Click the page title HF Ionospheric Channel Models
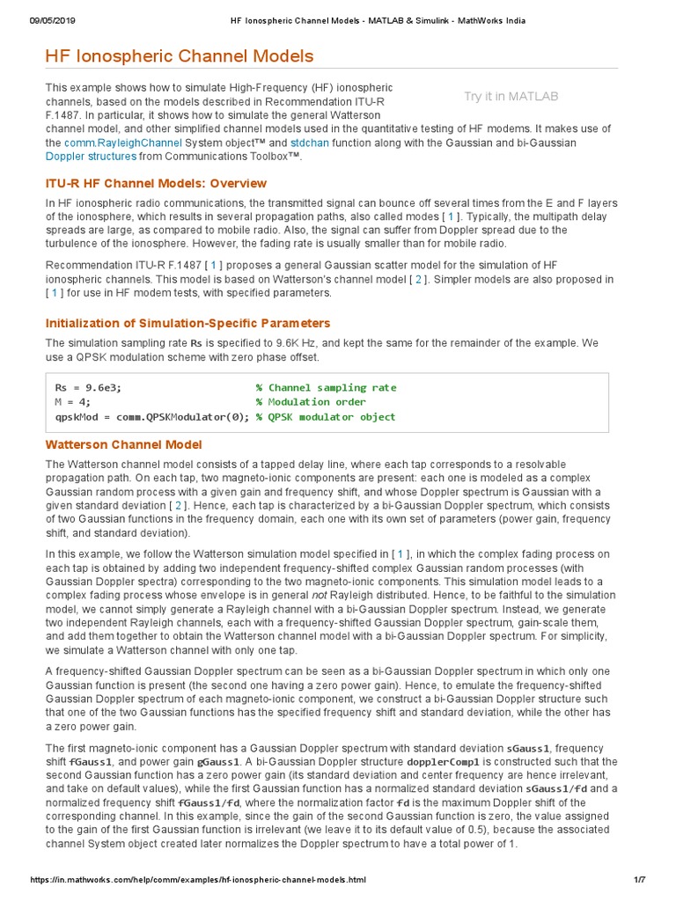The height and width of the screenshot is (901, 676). point(179,57)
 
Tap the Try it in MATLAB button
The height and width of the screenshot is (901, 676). point(511,97)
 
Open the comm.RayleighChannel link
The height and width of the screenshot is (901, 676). point(123,142)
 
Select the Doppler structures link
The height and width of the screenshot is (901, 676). point(91,156)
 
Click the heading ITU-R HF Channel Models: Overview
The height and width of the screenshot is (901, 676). point(156,183)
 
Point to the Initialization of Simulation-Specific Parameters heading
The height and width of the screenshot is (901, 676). point(187,323)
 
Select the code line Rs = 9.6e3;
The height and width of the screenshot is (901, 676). point(88,387)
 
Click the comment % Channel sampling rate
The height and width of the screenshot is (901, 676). point(326,387)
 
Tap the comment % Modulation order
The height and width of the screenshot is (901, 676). point(312,402)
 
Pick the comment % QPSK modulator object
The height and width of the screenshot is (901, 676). point(326,417)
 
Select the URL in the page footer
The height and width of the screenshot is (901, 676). point(197,880)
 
